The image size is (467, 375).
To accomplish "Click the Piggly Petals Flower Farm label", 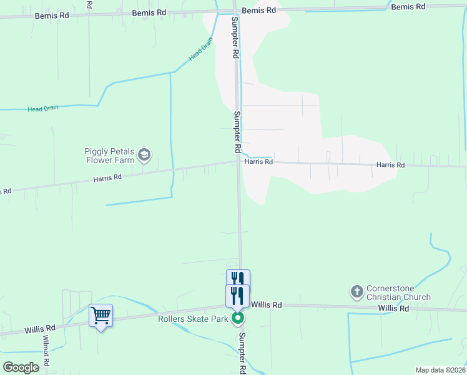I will (x=110, y=156).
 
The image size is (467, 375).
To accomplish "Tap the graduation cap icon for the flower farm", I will (x=145, y=155).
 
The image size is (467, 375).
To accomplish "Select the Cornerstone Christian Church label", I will (x=398, y=292).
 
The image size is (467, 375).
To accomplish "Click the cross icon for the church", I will (x=356, y=291).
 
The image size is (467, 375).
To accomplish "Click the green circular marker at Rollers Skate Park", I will (x=238, y=319).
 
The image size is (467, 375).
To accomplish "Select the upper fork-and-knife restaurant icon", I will (x=238, y=279).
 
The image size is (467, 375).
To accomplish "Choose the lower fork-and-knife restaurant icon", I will (x=237, y=295).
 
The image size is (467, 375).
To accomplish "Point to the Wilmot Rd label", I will (x=46, y=351).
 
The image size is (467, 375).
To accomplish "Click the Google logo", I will (x=21, y=367).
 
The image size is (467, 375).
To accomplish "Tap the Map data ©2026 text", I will (x=440, y=370).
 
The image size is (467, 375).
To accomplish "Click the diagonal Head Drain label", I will (x=201, y=48).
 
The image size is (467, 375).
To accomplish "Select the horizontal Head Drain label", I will (x=43, y=108).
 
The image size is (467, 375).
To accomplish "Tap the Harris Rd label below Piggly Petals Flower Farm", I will (x=107, y=178).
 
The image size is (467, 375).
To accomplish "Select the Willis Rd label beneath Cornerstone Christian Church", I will (x=393, y=309).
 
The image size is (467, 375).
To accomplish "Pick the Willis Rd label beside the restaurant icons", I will (x=267, y=304).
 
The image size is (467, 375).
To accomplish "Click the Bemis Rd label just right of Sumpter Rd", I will (x=258, y=11).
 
